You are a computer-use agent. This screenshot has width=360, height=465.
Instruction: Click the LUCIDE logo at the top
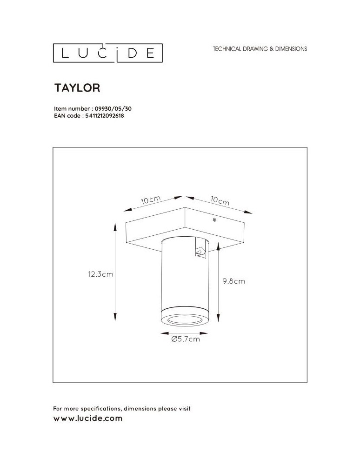tap(107, 53)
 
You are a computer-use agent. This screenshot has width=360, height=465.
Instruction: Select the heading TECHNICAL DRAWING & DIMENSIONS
tap(260, 49)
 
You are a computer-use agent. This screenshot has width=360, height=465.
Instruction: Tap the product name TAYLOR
tap(78, 87)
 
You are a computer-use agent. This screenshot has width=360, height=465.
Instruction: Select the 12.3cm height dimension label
tap(100, 274)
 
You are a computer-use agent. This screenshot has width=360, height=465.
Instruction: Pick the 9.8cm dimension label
tap(233, 281)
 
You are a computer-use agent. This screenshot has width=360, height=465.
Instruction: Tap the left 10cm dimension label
tap(151, 201)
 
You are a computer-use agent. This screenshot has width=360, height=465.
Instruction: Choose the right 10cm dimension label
tap(220, 201)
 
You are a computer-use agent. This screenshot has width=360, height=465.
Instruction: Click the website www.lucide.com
tap(88, 418)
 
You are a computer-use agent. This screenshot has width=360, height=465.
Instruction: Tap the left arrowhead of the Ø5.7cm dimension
tap(162, 333)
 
